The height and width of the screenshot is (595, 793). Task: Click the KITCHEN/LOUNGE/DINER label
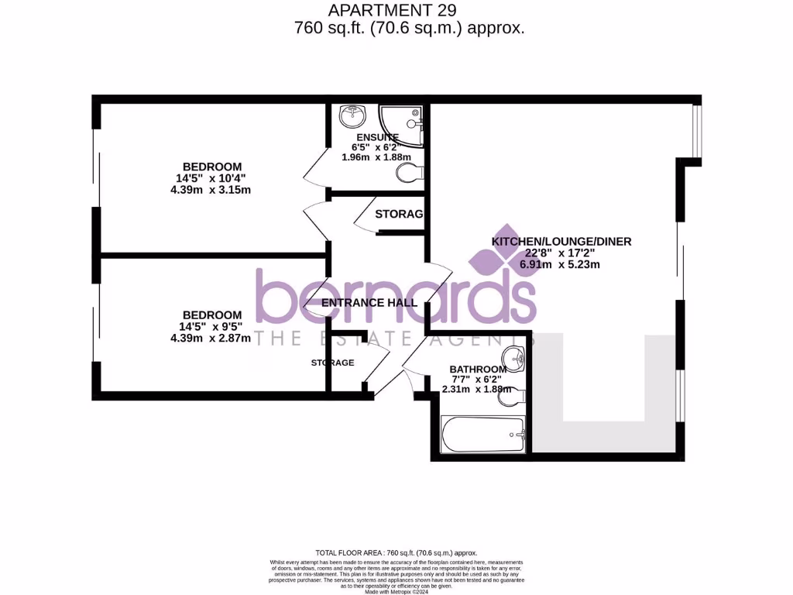pyautogui.click(x=561, y=242)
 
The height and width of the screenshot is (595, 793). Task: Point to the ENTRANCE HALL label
pyautogui.click(x=369, y=303)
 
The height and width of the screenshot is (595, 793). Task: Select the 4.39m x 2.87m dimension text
pyautogui.click(x=211, y=338)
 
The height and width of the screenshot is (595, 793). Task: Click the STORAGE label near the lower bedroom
pyautogui.click(x=333, y=363)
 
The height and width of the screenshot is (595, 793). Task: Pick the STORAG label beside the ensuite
pyautogui.click(x=398, y=214)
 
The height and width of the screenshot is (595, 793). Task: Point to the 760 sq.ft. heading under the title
pyautogui.click(x=410, y=28)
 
